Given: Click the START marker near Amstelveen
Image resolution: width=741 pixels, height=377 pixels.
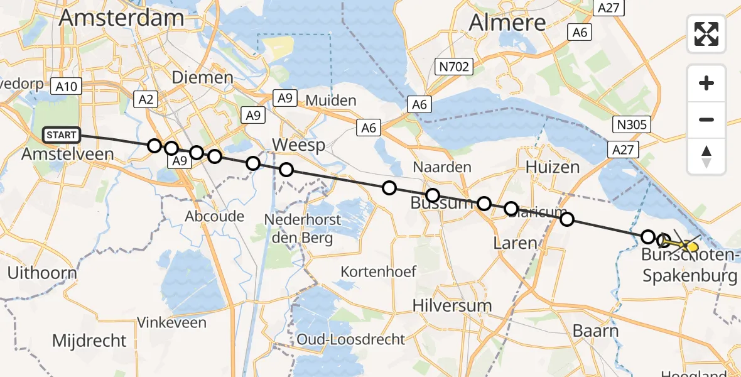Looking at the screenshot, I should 62,135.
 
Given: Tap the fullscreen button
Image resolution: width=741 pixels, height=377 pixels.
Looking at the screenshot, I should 706,34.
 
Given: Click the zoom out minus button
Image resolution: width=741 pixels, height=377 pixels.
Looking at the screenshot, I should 706,119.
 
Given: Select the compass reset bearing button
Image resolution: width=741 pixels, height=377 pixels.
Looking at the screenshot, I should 706,156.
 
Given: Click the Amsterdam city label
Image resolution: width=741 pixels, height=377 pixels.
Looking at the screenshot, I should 121,18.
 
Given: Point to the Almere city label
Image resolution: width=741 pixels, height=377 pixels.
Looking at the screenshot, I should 508,23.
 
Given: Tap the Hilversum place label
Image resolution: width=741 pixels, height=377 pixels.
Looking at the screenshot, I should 452,305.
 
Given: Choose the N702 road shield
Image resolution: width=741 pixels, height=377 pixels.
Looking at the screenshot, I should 455,66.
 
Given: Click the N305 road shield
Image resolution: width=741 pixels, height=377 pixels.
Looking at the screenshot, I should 632,124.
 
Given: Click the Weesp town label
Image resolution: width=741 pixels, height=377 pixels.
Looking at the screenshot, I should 298,146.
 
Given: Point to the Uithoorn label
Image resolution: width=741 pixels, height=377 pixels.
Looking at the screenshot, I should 42,273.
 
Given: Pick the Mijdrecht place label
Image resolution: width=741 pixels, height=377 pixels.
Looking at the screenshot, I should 89,341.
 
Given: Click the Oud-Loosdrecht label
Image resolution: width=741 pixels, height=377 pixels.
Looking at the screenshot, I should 351,339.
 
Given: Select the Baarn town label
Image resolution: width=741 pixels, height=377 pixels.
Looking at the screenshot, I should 595,331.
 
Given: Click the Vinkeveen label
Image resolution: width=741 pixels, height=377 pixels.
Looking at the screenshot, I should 171,323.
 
